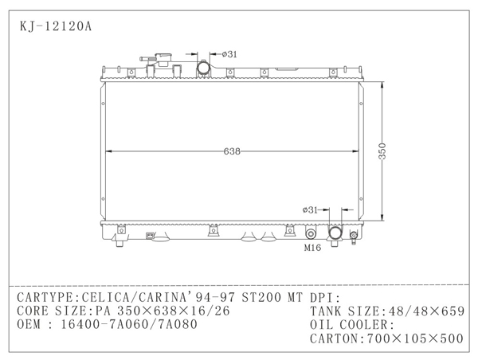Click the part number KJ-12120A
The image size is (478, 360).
[56, 26]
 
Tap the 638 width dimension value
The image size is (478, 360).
[232, 151]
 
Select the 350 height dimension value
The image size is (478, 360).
[382, 151]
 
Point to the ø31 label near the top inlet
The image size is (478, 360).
[229, 54]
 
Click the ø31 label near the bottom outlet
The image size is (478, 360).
[310, 209]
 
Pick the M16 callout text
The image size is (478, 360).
[312, 248]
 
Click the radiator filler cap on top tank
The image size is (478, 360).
[163, 60]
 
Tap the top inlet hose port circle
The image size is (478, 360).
[203, 67]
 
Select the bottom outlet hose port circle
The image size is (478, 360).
[335, 233]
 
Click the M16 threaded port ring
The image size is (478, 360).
[311, 234]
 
